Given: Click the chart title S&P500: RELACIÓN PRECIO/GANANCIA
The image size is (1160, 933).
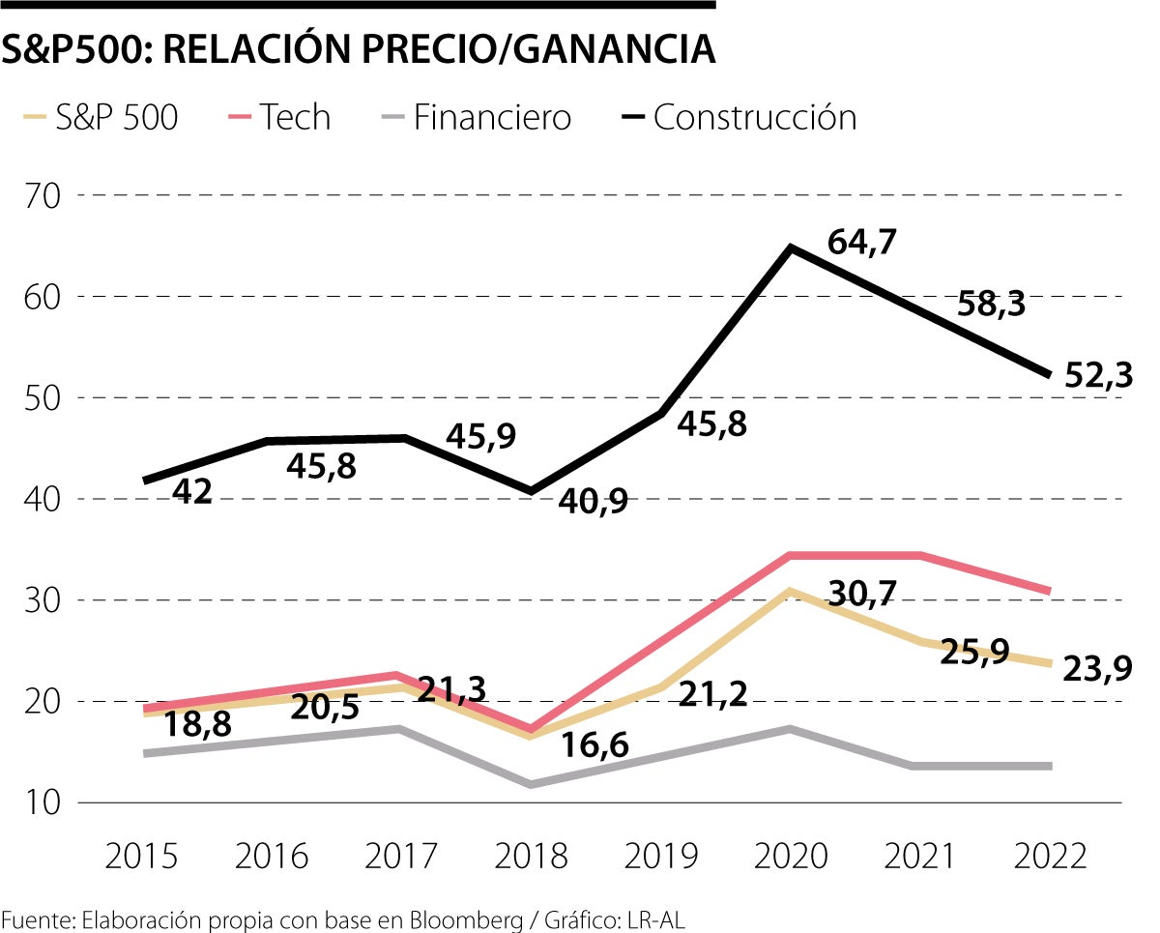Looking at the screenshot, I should tap(358, 49).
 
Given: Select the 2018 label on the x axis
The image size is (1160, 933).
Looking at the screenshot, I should tap(531, 856).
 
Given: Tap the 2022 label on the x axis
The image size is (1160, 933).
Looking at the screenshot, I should tap(1050, 856).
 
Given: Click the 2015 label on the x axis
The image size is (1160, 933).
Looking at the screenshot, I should tap(141, 856).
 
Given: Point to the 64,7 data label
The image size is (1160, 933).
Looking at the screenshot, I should tap(862, 242).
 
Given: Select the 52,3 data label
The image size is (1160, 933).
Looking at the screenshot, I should tap(1098, 374).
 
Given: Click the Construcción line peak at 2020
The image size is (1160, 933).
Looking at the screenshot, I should tap(791, 248).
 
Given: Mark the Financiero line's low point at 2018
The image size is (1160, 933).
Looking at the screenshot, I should tap(531, 784).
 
